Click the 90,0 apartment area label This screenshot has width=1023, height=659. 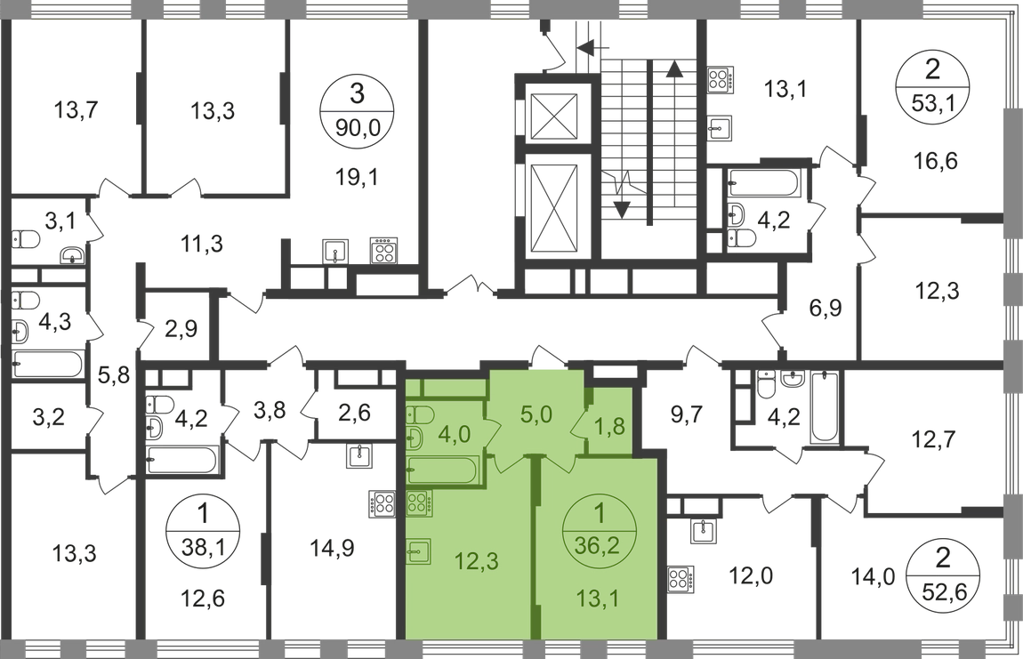click(x=356, y=126)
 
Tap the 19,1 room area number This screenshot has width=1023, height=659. click(x=357, y=176)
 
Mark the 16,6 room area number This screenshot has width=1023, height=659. click(x=936, y=160)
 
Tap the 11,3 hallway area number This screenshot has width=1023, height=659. click(x=201, y=244)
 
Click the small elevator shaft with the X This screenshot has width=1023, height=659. click(x=554, y=117)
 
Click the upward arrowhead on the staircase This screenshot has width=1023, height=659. click(x=674, y=68)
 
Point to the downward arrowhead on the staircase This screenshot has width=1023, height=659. click(x=623, y=210)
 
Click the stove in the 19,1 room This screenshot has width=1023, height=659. click(x=383, y=250)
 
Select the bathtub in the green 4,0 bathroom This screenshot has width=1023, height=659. click(x=443, y=470)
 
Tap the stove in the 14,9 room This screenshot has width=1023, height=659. click(x=383, y=503)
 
